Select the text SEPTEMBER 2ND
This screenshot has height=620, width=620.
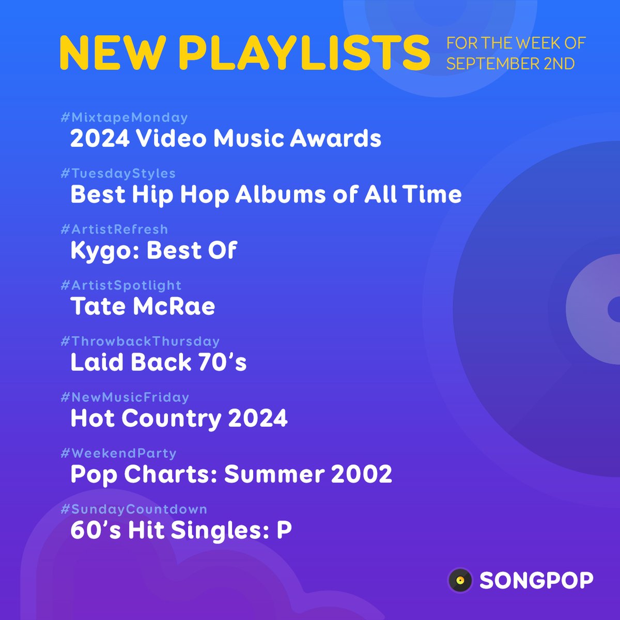coord(510,64)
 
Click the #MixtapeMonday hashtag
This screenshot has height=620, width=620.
coord(124,118)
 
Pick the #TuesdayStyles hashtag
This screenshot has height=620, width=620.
coord(118,174)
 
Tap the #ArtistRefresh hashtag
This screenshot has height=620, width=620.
coord(114,229)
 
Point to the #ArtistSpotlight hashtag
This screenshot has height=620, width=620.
coord(121,285)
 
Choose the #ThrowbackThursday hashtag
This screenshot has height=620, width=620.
coord(140,342)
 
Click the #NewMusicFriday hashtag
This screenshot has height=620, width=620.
coord(125,397)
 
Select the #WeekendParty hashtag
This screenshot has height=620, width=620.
coord(118,453)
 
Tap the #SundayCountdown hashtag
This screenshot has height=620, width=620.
coord(134,509)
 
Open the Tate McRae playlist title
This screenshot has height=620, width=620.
coord(143,306)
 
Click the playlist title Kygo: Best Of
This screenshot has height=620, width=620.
coord(153,251)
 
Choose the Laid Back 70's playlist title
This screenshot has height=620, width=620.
coord(158,362)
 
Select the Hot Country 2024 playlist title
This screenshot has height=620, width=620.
coord(179,418)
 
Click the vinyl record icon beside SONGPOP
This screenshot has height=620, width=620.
coord(460,580)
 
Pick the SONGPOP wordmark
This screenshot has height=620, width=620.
coord(536,581)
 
